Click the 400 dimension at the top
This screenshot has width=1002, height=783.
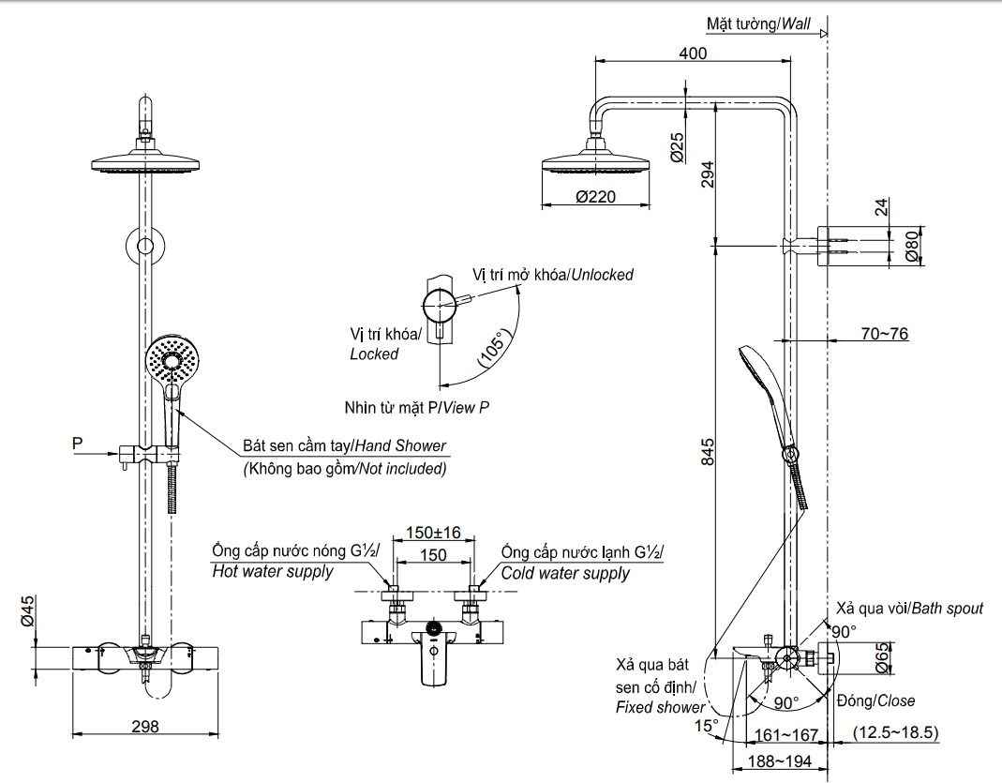point(692,53)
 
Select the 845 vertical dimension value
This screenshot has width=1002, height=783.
point(708,452)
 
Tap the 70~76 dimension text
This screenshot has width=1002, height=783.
point(885,333)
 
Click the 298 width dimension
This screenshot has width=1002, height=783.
point(145,725)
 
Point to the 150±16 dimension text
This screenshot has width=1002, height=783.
point(433,533)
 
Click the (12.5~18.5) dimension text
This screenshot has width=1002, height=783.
point(896,731)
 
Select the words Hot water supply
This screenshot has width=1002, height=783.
point(273,571)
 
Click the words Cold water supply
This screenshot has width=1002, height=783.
point(565,573)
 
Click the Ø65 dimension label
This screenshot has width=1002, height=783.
point(882,657)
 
